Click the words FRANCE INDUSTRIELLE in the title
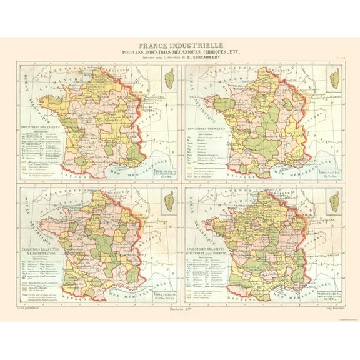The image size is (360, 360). click(179, 46)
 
